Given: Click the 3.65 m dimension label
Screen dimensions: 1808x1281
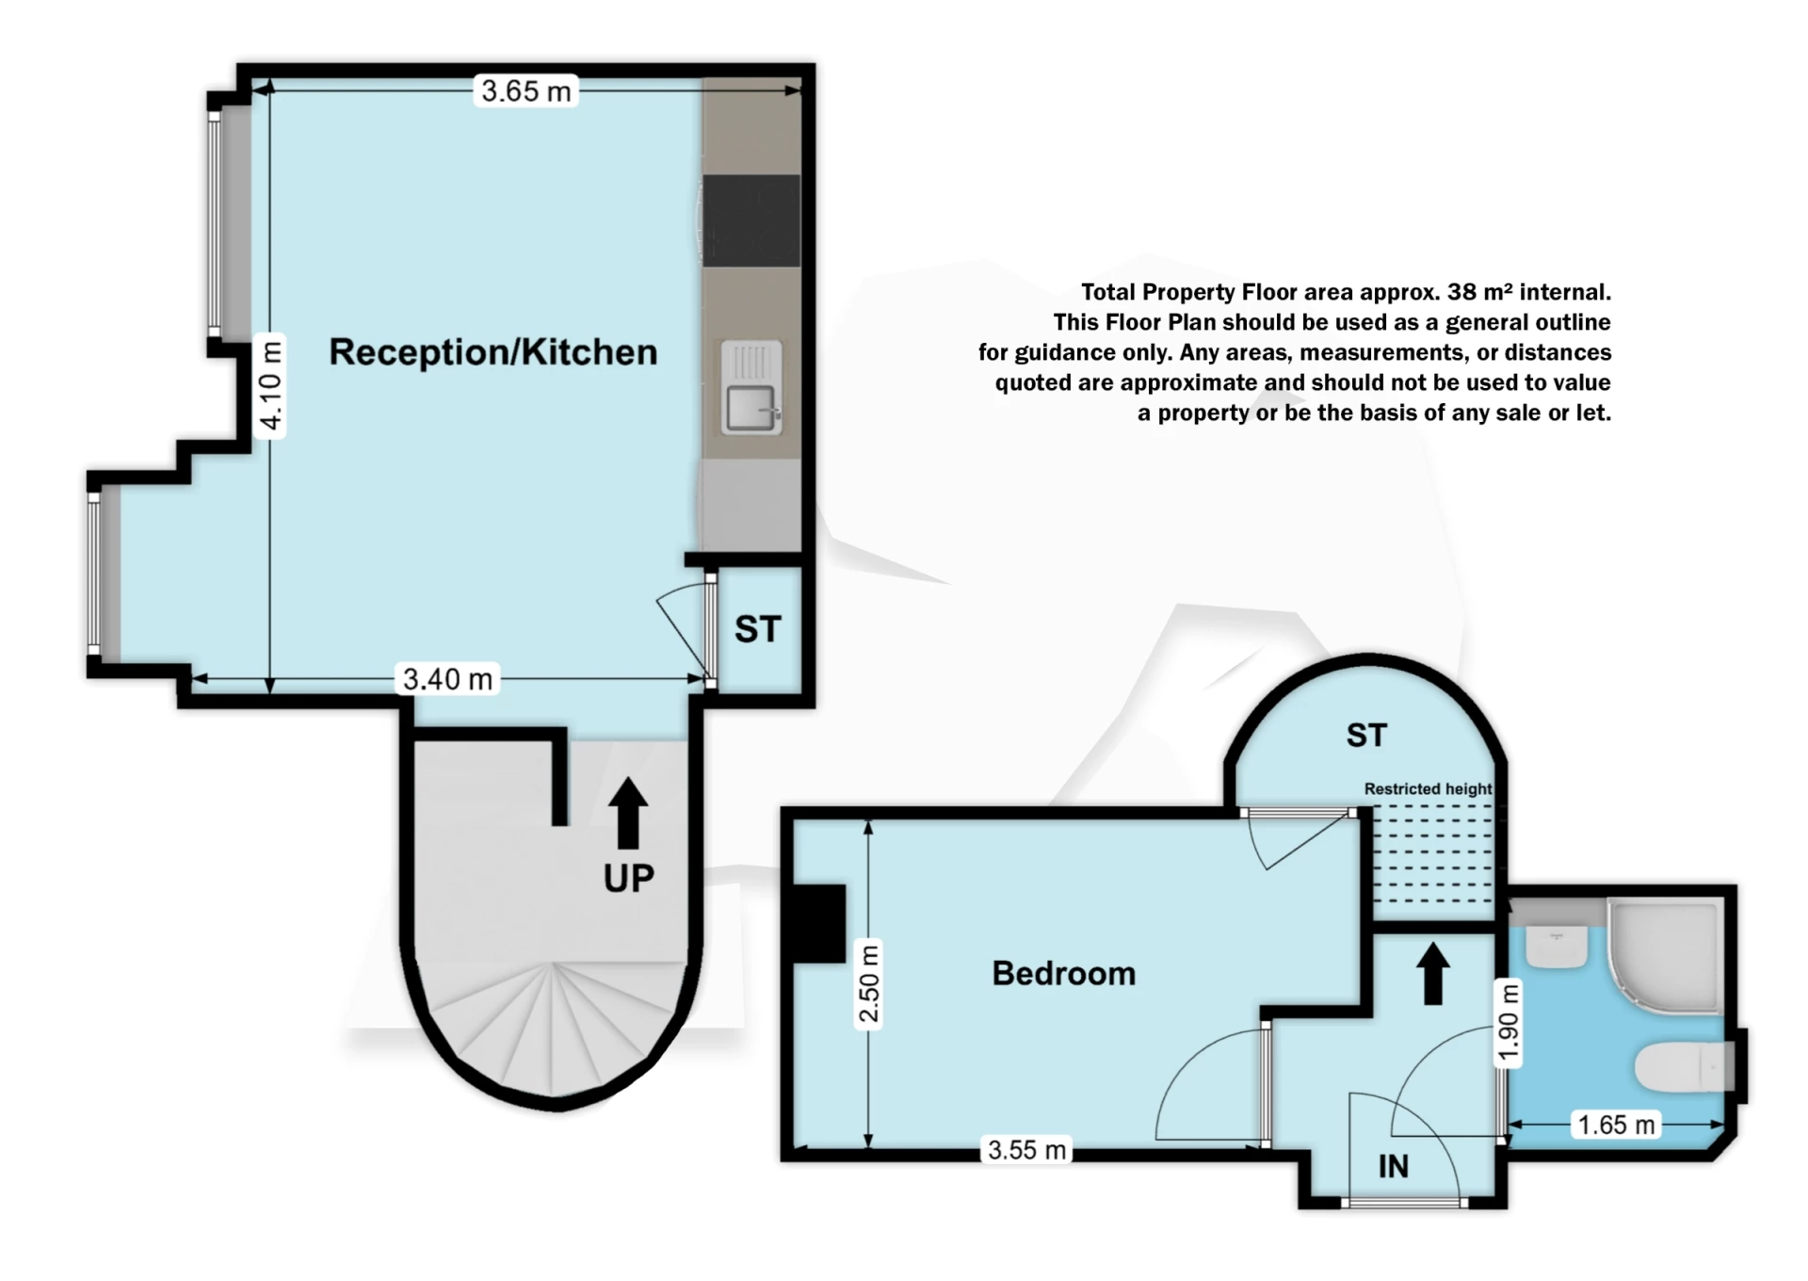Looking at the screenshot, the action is coord(525,91).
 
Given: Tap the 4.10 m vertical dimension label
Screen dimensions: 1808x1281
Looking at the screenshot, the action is coord(271,386).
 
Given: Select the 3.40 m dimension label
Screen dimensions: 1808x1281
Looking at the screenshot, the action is coord(447,679).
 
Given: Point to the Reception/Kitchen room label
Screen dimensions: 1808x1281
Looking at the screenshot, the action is coord(493,352).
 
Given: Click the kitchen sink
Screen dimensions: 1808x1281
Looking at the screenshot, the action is coord(751,388).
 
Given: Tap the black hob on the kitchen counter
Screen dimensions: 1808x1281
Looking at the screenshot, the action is coord(751,220).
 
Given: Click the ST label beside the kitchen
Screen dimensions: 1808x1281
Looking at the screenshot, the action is coord(758,629).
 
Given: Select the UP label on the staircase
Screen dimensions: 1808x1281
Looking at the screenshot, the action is coord(628,878).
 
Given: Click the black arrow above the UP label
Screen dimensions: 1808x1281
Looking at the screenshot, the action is coord(628,813).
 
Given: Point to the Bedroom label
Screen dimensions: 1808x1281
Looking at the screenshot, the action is coord(1064,973).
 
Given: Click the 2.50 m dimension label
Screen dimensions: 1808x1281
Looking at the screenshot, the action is coord(869,984).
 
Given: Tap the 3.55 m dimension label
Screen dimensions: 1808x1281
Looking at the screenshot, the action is coord(1026,1150).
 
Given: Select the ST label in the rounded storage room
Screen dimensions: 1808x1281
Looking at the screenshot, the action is coord(1366,736).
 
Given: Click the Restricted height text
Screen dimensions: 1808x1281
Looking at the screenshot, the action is coord(1428,789).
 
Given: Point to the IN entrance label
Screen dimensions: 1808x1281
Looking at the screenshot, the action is coord(1394,1167).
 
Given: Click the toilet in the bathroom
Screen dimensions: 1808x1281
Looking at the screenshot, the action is coord(1686,1067).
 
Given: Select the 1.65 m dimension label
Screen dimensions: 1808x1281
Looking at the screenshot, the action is coord(1616,1125).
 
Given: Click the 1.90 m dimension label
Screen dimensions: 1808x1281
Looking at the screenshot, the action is coord(1509,1022).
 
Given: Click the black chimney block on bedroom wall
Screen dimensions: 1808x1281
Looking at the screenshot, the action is coord(819,924).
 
